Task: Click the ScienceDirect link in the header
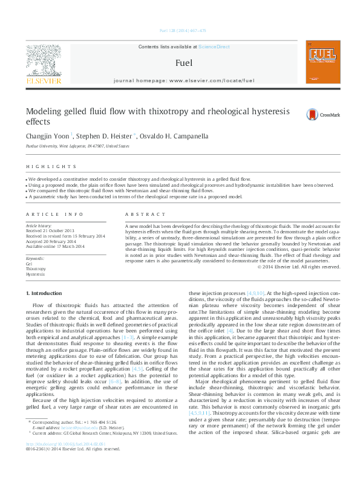[214, 47]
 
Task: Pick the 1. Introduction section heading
[46, 293]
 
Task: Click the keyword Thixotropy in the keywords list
[35, 269]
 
